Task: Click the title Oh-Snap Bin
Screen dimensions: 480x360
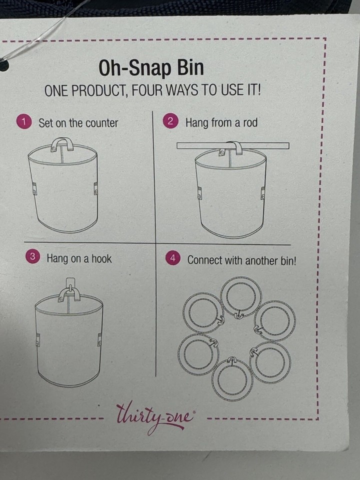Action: [x=151, y=68]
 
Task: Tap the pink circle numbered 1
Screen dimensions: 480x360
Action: [x=23, y=122]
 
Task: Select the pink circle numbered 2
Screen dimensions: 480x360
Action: [x=171, y=121]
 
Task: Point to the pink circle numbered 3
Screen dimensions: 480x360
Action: [x=32, y=257]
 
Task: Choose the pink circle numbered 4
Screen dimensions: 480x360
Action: [x=172, y=258]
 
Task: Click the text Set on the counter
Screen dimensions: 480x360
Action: [x=78, y=123]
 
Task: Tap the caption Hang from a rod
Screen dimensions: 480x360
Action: [x=221, y=122]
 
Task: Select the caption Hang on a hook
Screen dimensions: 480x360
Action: [x=79, y=258]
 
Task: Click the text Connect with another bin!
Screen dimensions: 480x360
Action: [x=241, y=260]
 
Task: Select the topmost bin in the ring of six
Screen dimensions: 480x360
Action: [x=239, y=296]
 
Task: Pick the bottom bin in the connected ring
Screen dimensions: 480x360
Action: [x=231, y=379]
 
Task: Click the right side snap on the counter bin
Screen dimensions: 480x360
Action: [x=95, y=188]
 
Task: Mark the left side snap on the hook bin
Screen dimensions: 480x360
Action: [x=37, y=339]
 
